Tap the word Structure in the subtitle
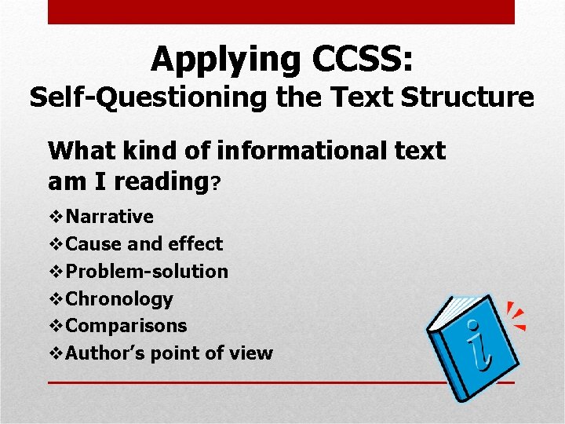[x=467, y=98]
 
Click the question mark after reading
[x=216, y=185]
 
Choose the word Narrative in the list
[x=110, y=217]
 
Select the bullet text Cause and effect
[x=144, y=244]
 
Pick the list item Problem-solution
[x=148, y=272]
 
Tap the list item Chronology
[x=119, y=299]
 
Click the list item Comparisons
[x=126, y=326]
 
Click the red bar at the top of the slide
[x=281, y=12]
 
